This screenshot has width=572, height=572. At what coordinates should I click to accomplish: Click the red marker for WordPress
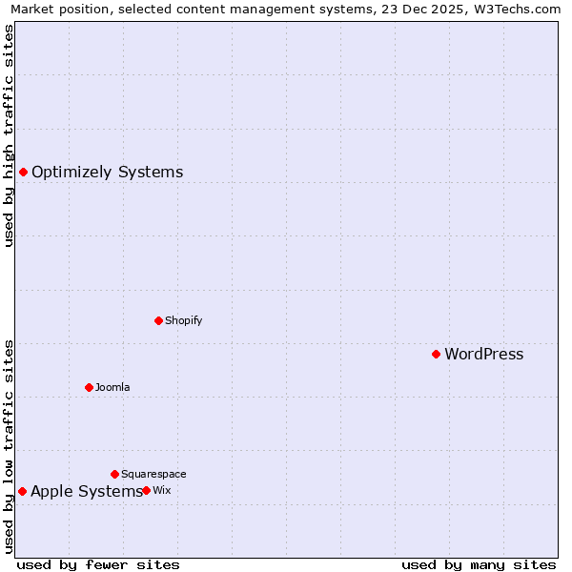point(436,355)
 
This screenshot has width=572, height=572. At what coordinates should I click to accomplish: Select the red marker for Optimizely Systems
point(23,173)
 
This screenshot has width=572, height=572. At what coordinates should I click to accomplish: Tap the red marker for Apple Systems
point(22,492)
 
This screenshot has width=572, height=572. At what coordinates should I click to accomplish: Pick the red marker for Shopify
point(158,320)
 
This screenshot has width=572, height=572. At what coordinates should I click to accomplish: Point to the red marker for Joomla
point(89,387)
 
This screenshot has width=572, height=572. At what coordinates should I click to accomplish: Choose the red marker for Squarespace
point(114,474)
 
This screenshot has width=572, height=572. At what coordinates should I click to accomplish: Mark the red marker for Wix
point(146,491)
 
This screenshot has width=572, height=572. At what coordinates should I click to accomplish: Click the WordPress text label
point(483,355)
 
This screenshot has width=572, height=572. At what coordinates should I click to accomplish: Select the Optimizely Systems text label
point(107,173)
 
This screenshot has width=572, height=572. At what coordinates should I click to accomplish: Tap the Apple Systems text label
point(86,492)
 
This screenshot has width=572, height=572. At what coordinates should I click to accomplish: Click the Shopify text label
point(183,321)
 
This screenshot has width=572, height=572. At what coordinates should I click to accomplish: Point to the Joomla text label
point(112,388)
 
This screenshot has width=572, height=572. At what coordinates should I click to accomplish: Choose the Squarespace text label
point(153,475)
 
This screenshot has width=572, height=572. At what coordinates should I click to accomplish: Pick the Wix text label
point(162,491)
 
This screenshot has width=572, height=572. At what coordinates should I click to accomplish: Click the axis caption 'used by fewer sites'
point(98,564)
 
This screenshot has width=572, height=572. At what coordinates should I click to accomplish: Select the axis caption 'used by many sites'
point(479,564)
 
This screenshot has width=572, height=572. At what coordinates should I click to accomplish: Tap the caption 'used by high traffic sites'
point(9,135)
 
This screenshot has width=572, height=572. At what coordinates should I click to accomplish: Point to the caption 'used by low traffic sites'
point(9,446)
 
